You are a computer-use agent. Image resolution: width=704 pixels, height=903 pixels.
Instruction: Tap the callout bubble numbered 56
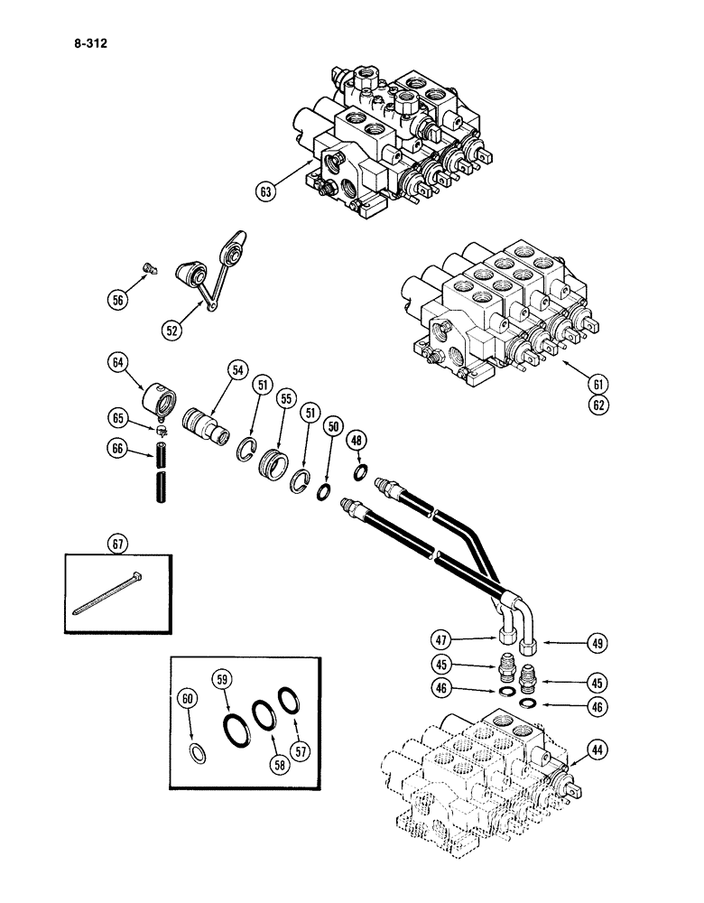pos(116,301)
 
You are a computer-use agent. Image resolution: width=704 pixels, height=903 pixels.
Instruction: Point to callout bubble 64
pos(117,364)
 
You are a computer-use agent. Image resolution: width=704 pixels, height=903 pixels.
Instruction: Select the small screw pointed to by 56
pos(149,265)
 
